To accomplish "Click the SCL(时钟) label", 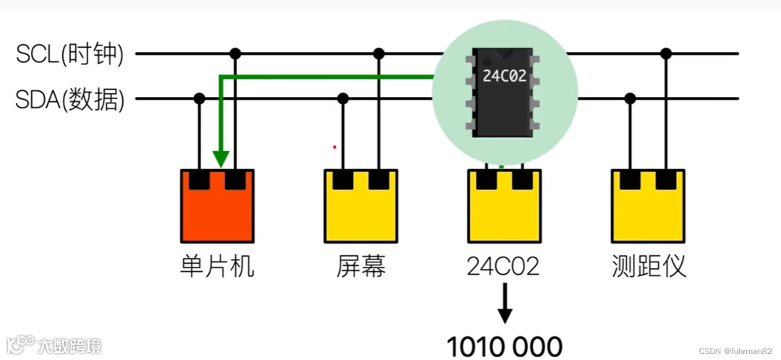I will click(70, 53).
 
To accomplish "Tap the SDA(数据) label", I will click(70, 100).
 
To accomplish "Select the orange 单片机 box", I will click(217, 210).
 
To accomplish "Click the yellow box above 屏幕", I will click(361, 210).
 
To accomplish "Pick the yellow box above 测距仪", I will click(647, 210).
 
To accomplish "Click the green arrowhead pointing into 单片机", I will click(221, 158).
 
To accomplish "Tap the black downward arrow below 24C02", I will click(505, 304).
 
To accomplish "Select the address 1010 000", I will click(504, 346).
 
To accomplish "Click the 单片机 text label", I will click(217, 267).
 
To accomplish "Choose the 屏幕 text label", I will click(361, 267).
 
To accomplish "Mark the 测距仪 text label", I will click(648, 267).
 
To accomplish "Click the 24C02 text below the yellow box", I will click(504, 267).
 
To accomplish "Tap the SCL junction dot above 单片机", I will click(234, 53).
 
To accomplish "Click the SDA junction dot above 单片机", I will click(200, 98).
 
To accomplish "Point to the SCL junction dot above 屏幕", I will click(378, 53).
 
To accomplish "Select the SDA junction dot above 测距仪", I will click(631, 98).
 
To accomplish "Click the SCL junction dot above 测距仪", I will click(666, 53).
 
